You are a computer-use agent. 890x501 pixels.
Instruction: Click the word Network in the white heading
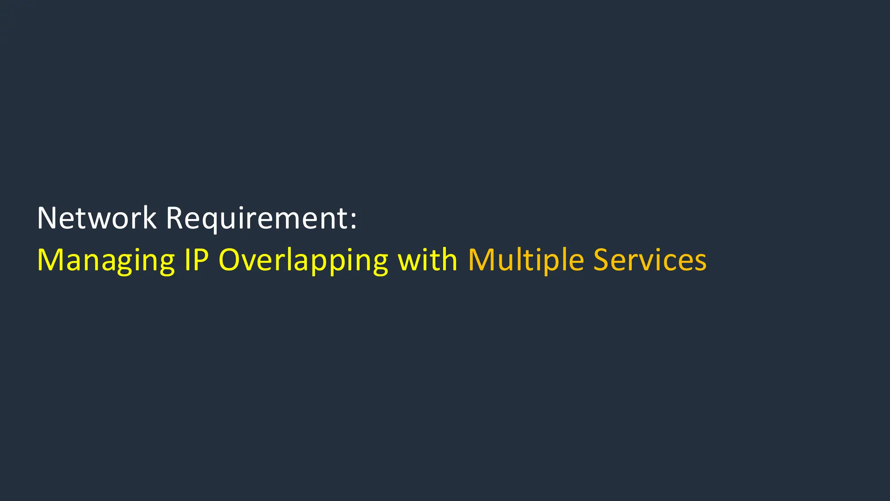pyautogui.click(x=96, y=218)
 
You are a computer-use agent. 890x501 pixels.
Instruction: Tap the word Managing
pyautogui.click(x=106, y=260)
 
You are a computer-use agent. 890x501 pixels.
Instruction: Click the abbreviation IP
pyautogui.click(x=196, y=260)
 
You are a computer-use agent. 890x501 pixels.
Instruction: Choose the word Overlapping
pyautogui.click(x=303, y=260)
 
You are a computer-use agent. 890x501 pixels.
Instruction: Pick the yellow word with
pyautogui.click(x=428, y=260)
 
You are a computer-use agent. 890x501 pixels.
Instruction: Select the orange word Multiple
pyautogui.click(x=526, y=260)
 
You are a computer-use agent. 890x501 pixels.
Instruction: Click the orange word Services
pyautogui.click(x=650, y=260)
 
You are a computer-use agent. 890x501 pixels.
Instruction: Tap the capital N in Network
pyautogui.click(x=47, y=218)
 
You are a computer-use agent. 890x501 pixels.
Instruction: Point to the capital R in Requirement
pyautogui.click(x=175, y=218)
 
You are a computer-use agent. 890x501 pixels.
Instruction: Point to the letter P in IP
pyautogui.click(x=201, y=260)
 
